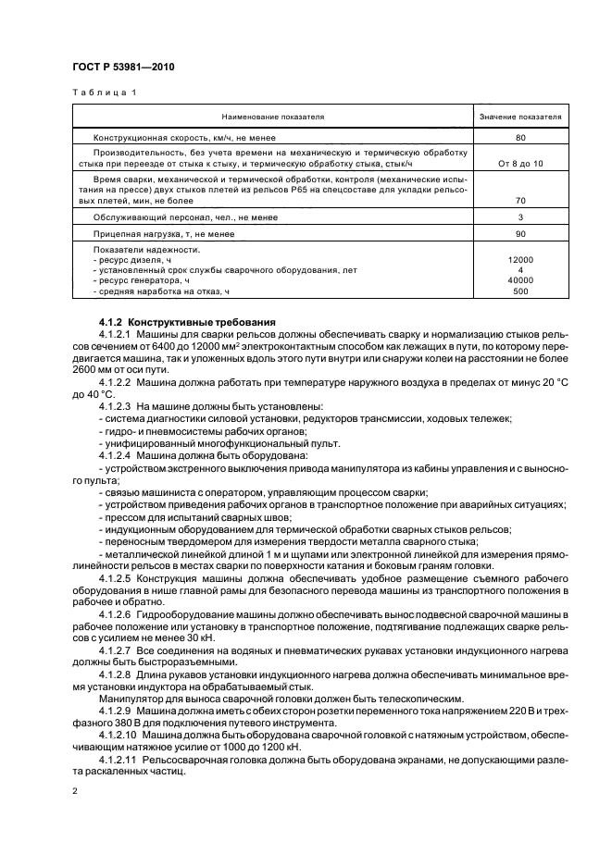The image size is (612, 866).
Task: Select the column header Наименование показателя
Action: (272, 118)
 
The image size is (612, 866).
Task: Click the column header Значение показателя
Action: (520, 118)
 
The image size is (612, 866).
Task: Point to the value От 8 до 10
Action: (520, 163)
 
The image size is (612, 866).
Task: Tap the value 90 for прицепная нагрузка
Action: (520, 234)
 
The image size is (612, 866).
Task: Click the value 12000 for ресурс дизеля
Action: (520, 260)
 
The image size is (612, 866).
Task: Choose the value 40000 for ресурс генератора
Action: (520, 280)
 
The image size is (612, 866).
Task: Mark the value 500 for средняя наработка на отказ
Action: (520, 291)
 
